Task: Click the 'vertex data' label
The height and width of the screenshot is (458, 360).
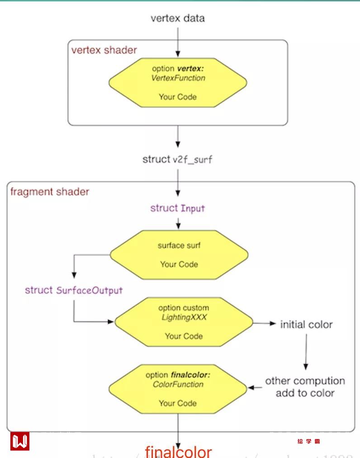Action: pos(177,18)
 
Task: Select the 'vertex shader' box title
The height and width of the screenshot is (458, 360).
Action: pos(104,50)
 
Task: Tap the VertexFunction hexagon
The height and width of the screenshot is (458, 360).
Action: pos(178,83)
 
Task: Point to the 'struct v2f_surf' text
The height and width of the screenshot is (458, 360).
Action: pos(177,159)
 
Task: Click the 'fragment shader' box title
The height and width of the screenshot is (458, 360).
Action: pos(50,191)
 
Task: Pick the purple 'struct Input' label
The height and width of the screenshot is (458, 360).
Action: pos(177,208)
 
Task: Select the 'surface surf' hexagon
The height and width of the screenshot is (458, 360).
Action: pos(179,255)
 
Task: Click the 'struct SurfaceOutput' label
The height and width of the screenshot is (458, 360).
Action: pos(74,290)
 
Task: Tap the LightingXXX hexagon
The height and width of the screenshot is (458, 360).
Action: pos(184,322)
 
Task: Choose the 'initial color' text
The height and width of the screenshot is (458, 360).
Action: pos(306,324)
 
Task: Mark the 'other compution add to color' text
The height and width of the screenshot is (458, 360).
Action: pos(305,387)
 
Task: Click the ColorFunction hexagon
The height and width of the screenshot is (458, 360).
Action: pos(178,389)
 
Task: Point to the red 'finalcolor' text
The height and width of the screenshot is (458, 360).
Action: pos(178,451)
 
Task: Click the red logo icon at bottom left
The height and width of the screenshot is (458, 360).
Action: pos(19,441)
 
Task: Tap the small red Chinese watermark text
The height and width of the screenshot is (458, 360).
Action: pos(309,441)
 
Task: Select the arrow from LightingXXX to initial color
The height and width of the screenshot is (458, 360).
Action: pos(264,324)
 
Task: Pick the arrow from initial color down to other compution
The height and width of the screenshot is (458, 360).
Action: pos(306,353)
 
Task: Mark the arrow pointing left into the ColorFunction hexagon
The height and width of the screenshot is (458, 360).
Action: pos(256,388)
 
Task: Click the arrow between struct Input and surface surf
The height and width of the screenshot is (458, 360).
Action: pos(178,223)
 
